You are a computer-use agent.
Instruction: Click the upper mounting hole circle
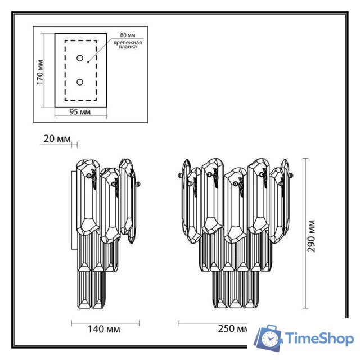point(80,58)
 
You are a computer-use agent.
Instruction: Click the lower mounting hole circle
point(80,82)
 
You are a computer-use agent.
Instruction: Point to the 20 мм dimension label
point(56,138)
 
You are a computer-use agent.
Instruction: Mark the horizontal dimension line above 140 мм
point(106,323)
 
